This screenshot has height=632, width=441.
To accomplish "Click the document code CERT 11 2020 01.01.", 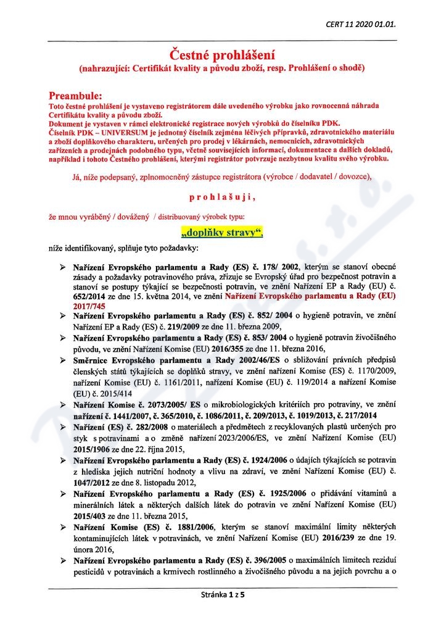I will [x=361, y=24].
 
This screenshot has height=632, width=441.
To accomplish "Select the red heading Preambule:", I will [x=76, y=96].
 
